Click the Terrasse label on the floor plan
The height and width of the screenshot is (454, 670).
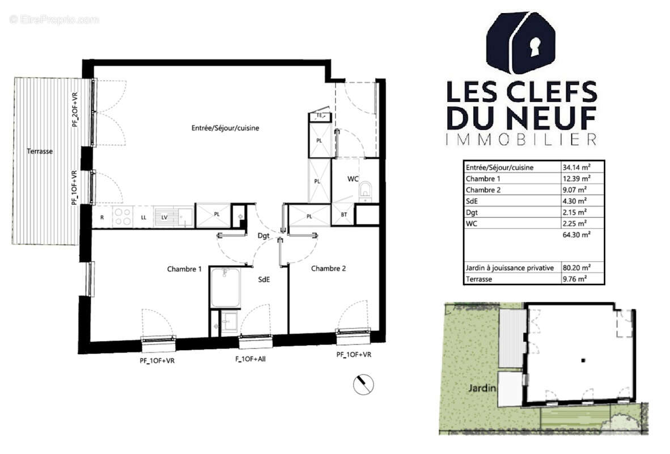(x=39, y=152)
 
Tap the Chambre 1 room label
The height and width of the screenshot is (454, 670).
(x=184, y=269)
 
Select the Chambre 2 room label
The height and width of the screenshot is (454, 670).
(x=328, y=269)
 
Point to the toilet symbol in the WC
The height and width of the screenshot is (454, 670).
(x=366, y=190)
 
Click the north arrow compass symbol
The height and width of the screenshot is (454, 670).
(x=363, y=385)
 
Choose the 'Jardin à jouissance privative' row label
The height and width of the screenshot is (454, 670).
(x=509, y=268)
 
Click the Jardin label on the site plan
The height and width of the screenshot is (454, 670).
(x=482, y=389)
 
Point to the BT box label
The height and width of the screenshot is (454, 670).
(x=344, y=215)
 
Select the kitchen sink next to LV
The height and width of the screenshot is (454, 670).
(x=183, y=215)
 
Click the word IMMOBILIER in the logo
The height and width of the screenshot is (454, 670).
(x=521, y=139)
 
